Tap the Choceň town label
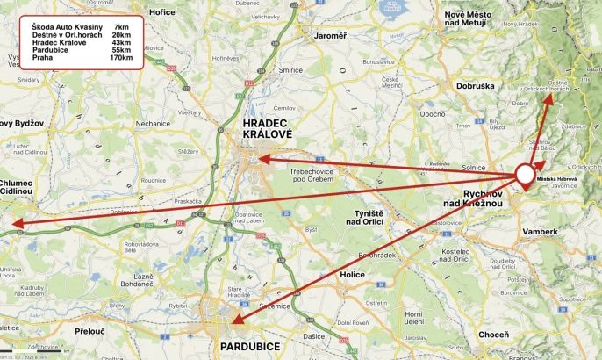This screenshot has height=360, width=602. coord(492,335)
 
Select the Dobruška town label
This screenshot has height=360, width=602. coord(477,86)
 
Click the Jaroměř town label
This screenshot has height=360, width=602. coord(331,36)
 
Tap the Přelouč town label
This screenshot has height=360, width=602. coord(90,332)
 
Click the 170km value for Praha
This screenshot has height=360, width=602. coord(121,58)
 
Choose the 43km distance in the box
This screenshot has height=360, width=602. coord(121,43)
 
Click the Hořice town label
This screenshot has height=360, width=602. coord(161,12)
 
